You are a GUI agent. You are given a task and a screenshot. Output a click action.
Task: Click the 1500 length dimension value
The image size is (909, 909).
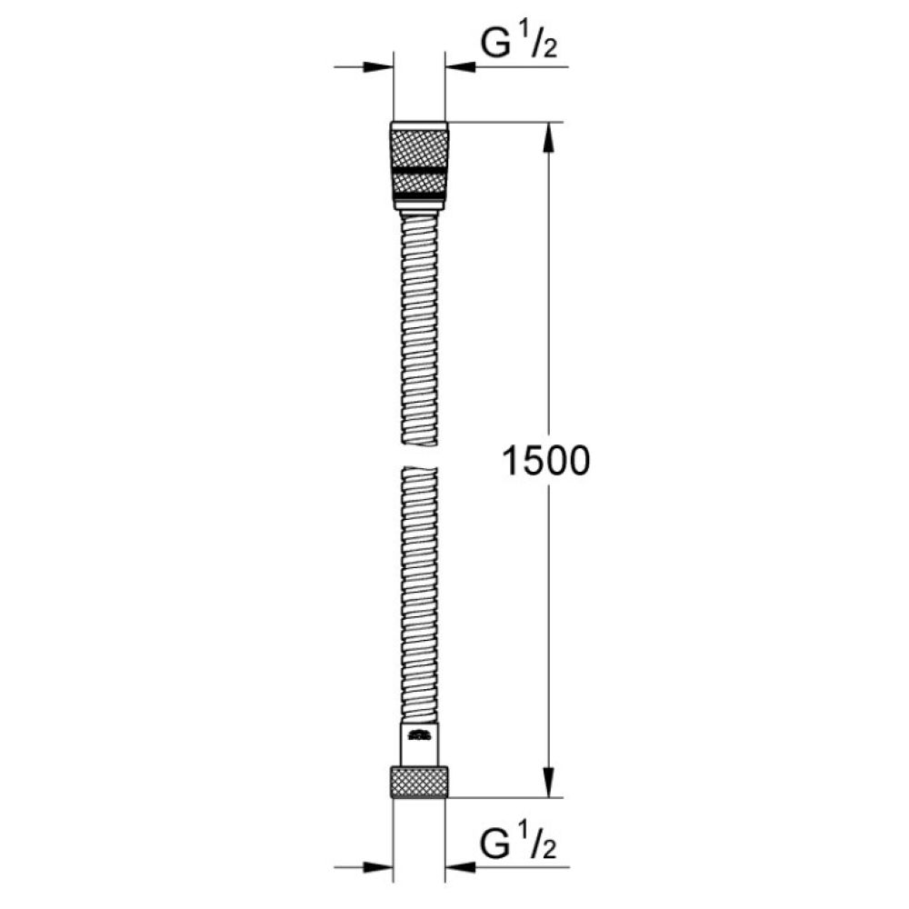(x=545, y=462)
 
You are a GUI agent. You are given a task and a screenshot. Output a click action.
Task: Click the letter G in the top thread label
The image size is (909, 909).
(x=496, y=45)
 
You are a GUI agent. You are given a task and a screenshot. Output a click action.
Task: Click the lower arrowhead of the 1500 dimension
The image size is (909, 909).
(x=547, y=782)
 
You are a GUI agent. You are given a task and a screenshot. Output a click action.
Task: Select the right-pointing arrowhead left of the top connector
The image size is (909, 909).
(x=378, y=66)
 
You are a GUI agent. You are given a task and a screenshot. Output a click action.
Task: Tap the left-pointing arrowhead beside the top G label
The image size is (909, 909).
(x=460, y=66)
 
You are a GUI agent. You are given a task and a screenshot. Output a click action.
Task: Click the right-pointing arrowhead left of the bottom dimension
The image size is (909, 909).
(x=378, y=867)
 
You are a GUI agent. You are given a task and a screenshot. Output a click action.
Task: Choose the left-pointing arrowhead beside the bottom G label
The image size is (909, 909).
(x=460, y=867)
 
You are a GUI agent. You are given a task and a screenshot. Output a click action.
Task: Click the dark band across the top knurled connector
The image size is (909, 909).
(x=419, y=169)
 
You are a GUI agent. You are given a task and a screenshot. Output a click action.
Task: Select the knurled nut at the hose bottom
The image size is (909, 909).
(x=419, y=782)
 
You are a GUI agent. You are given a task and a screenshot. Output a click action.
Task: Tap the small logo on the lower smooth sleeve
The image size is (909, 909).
(x=419, y=734)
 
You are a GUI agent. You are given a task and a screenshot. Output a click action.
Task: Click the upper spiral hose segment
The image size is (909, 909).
(x=419, y=327)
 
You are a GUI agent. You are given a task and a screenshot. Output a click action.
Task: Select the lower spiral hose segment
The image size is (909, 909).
(x=419, y=591)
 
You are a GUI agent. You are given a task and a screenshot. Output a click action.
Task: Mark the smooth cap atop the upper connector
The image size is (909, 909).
(x=419, y=125)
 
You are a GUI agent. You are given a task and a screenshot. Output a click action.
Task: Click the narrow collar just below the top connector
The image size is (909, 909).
(x=419, y=212)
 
